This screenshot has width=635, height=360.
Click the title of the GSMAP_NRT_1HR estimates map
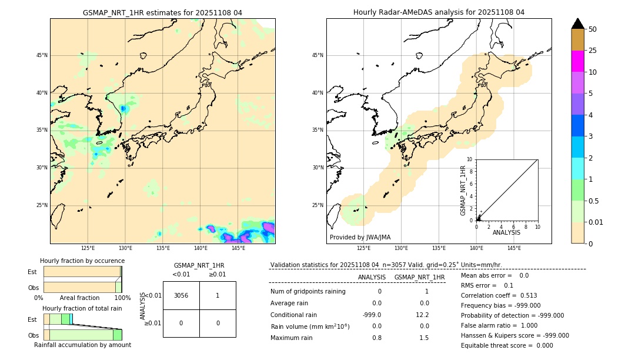click(x=162, y=12)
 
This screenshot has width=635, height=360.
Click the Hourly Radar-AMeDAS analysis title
click(x=439, y=12)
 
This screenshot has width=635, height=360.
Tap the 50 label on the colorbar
click(x=593, y=29)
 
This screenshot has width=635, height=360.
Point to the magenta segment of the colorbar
click(x=577, y=61)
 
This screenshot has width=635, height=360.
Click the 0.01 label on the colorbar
click(x=596, y=222)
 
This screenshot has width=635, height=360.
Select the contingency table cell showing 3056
click(x=181, y=295)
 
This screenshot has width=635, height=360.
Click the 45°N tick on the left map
click(x=41, y=55)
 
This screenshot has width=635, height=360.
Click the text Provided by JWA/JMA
click(x=360, y=238)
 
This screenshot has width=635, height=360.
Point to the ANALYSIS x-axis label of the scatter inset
click(x=506, y=232)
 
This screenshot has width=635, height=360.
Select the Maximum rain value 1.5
click(x=423, y=338)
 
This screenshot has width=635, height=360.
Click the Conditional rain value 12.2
click(x=423, y=315)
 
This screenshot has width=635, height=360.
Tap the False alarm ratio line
click(x=499, y=325)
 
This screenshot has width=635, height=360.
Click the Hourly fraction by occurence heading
click(x=82, y=261)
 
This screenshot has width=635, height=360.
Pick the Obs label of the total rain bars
click(x=33, y=335)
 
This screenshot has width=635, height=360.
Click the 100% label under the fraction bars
click(x=122, y=298)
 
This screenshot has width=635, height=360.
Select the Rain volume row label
click(x=310, y=326)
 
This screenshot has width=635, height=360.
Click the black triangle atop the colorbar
click(x=577, y=24)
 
